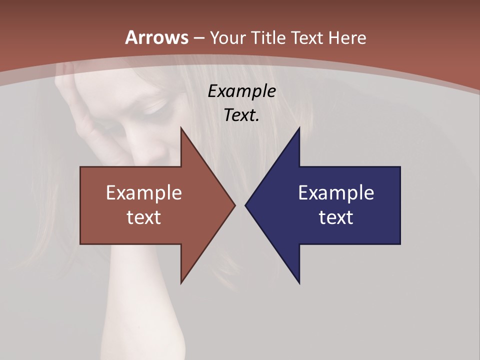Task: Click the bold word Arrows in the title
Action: tap(156, 37)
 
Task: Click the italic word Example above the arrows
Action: tap(241, 91)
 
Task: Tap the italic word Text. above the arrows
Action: tap(241, 115)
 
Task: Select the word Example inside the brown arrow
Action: tap(143, 193)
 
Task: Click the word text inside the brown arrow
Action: tap(143, 217)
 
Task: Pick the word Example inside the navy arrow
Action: tap(336, 193)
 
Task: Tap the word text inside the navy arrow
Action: tap(336, 217)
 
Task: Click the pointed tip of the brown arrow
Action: tap(234, 205)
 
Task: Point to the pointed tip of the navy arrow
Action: tap(245, 205)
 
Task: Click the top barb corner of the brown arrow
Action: tap(181, 128)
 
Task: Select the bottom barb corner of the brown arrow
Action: tap(181, 283)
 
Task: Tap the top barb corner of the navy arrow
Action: tap(299, 128)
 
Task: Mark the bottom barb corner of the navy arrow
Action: tap(299, 283)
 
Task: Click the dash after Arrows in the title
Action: tap(198, 38)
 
